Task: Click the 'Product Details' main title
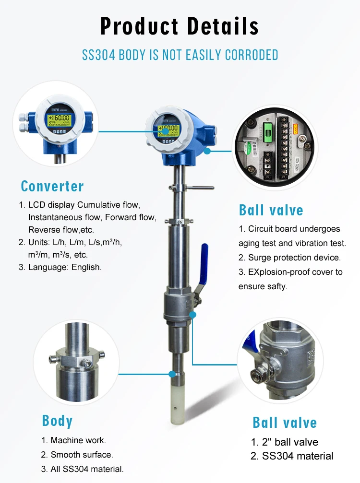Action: tap(180, 26)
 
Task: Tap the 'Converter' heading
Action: tap(52, 186)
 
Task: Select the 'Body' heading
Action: tap(58, 421)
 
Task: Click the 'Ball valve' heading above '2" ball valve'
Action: tap(285, 423)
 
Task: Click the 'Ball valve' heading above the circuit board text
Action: tap(271, 210)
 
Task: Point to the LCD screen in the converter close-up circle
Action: tap(58, 119)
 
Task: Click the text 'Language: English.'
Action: tap(65, 267)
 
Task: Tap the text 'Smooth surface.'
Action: tap(82, 455)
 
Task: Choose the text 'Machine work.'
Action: tap(78, 440)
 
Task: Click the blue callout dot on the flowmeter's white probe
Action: tap(172, 373)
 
